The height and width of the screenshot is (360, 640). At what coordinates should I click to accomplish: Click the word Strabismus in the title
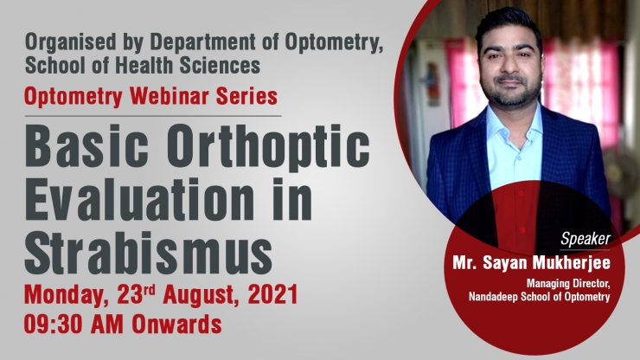[x=149, y=252]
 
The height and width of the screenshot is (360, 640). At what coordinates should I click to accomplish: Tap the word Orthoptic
[x=268, y=146]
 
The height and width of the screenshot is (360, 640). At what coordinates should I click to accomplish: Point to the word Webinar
[x=170, y=96]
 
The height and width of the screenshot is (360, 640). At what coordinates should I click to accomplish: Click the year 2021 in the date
[x=273, y=294]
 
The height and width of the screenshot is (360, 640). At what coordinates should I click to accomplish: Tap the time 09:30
[x=53, y=325]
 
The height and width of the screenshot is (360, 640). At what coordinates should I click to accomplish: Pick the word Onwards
[x=176, y=325]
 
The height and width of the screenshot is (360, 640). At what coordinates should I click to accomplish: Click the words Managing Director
[x=568, y=283]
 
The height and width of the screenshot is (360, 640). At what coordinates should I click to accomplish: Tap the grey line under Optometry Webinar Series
[x=153, y=116]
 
